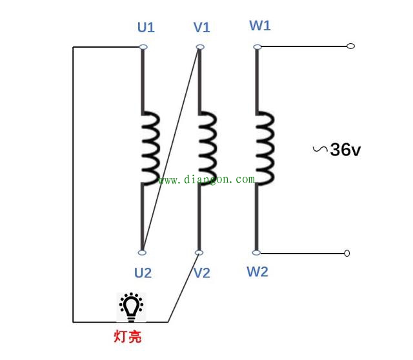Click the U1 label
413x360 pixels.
click(146, 27)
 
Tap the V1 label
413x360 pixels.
click(202, 27)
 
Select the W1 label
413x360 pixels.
click(260, 26)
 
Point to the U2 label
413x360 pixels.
click(143, 273)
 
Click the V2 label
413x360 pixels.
click(202, 273)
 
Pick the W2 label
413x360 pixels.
click(257, 272)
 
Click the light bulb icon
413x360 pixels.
click(131, 307)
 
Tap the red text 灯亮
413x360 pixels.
click(128, 336)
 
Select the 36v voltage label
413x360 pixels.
click(345, 150)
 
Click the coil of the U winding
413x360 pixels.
click(150, 148)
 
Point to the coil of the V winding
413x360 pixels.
click(208, 148)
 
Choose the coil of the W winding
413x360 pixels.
click(265, 148)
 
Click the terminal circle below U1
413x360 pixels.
click(143, 47)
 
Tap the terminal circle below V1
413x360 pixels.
click(200, 47)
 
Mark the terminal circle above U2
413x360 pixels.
click(142, 253)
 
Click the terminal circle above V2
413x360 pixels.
click(199, 253)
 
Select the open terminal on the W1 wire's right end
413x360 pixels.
click(351, 46)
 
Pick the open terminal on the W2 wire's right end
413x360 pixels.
click(347, 254)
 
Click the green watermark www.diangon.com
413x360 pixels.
click(206, 179)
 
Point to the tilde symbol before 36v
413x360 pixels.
click(320, 149)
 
